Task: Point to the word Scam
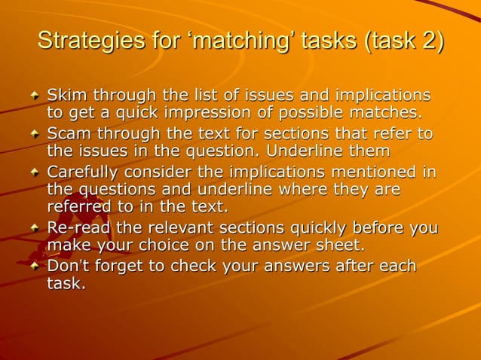(x=68, y=134)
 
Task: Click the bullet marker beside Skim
(x=34, y=97)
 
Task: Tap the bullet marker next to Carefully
(x=34, y=173)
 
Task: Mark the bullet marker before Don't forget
(x=34, y=267)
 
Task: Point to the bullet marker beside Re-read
(x=34, y=229)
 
